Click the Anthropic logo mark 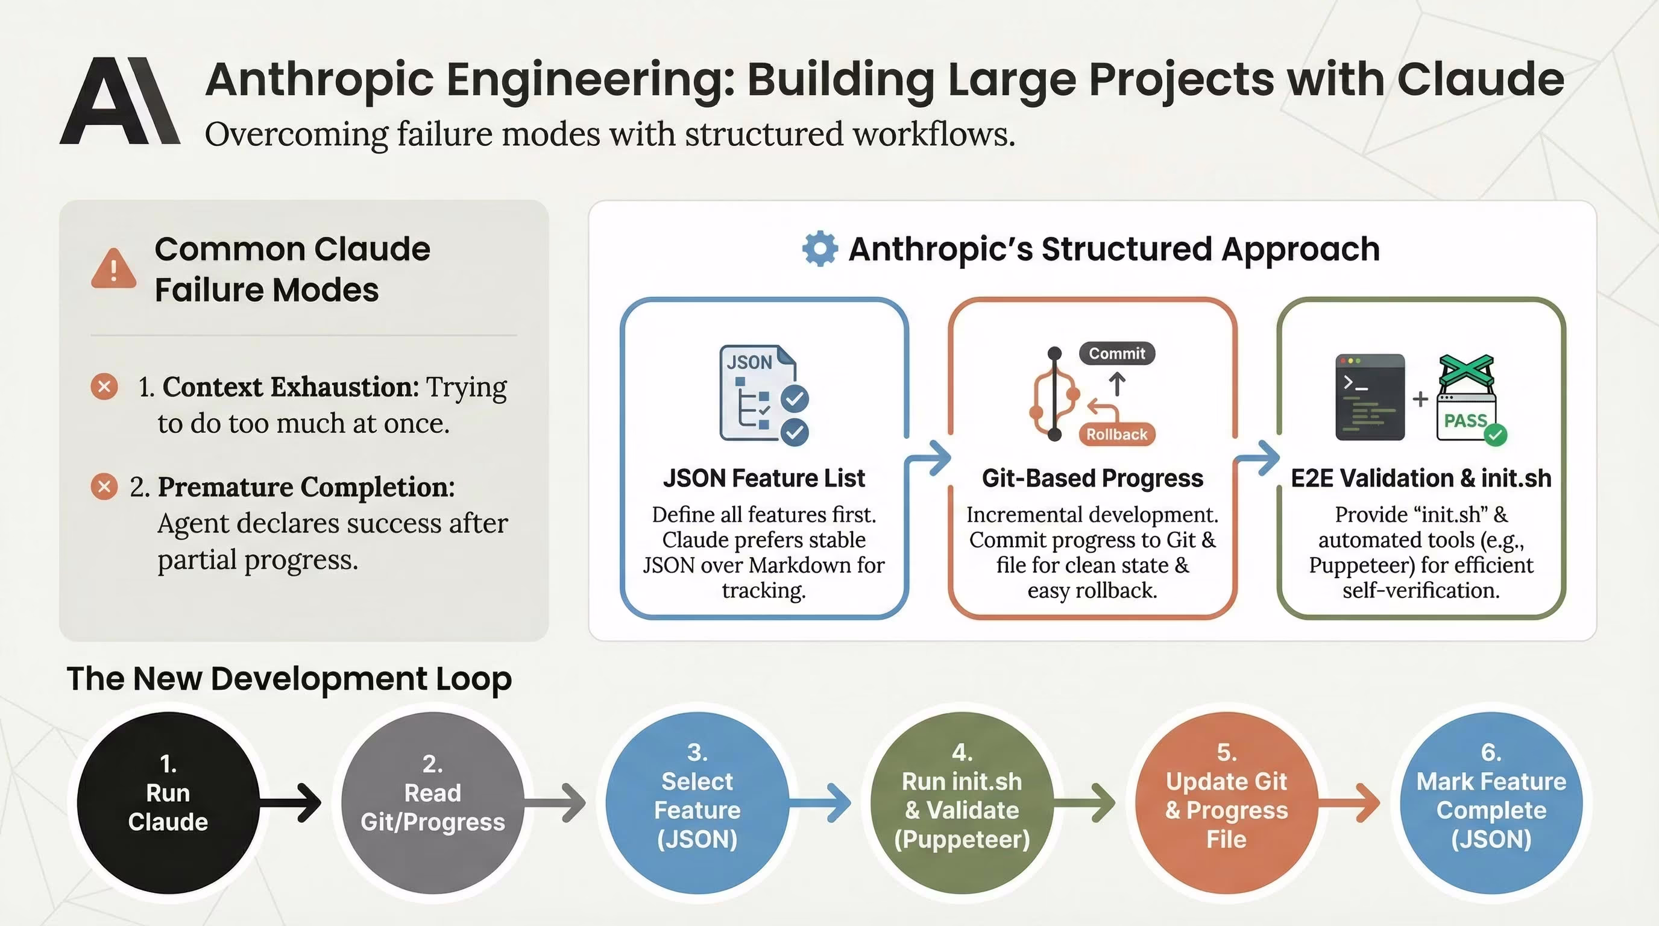click(x=120, y=101)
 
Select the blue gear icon click(x=820, y=248)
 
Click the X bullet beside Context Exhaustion click(x=104, y=387)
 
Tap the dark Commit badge click(x=1116, y=353)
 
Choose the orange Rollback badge click(x=1116, y=434)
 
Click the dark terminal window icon click(x=1370, y=397)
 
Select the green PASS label click(x=1465, y=421)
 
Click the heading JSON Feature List click(x=764, y=479)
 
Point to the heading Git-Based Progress click(x=1092, y=479)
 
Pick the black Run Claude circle click(x=168, y=802)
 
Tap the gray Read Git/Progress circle click(x=433, y=802)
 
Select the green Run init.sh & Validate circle click(x=962, y=802)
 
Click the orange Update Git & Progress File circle click(x=1226, y=802)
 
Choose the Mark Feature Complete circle click(x=1491, y=802)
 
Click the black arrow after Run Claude click(x=293, y=802)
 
